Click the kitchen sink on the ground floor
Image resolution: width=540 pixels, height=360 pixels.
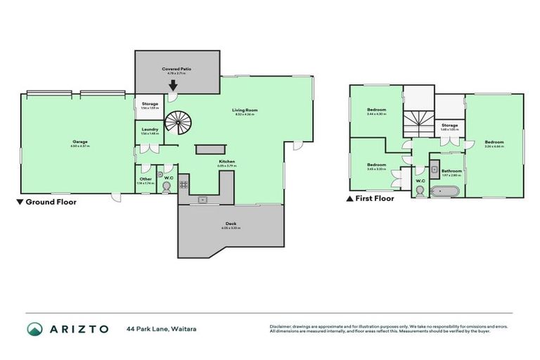point(202,199)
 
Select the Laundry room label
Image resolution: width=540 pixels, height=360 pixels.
point(150,130)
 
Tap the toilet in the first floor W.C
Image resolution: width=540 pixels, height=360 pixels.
point(420,192)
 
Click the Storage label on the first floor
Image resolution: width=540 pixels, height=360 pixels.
point(449,126)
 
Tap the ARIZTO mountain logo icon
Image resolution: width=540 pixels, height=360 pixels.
point(36,328)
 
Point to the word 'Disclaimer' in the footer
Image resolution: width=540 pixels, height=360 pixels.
point(282,326)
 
